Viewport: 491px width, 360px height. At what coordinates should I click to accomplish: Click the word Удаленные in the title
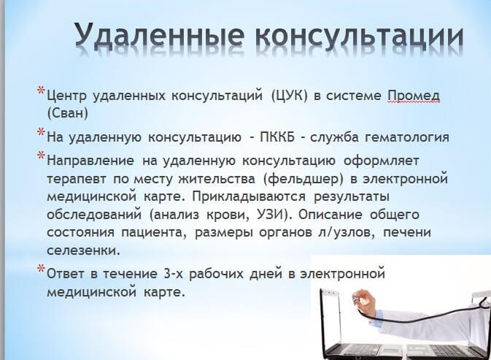pyautogui.click(x=159, y=35)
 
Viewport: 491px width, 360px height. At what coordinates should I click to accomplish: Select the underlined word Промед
pyautogui.click(x=414, y=96)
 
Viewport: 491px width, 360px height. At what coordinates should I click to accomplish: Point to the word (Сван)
pyautogui.click(x=67, y=113)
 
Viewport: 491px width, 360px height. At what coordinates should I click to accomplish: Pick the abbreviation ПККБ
pyautogui.click(x=277, y=137)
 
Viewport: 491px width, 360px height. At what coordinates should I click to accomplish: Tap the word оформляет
pyautogui.click(x=381, y=161)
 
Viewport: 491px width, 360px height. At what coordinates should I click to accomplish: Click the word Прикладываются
pyautogui.click(x=249, y=196)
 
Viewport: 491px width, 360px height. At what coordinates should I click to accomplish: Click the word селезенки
pyautogui.click(x=84, y=250)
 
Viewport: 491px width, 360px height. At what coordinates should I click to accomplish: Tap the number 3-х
pyautogui.click(x=172, y=274)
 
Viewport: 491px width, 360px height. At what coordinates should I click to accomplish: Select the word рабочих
pyautogui.click(x=217, y=274)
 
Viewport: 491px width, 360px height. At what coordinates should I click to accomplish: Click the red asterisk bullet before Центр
pyautogui.click(x=41, y=91)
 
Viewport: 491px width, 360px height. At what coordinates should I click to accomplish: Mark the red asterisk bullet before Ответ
pyautogui.click(x=41, y=269)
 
